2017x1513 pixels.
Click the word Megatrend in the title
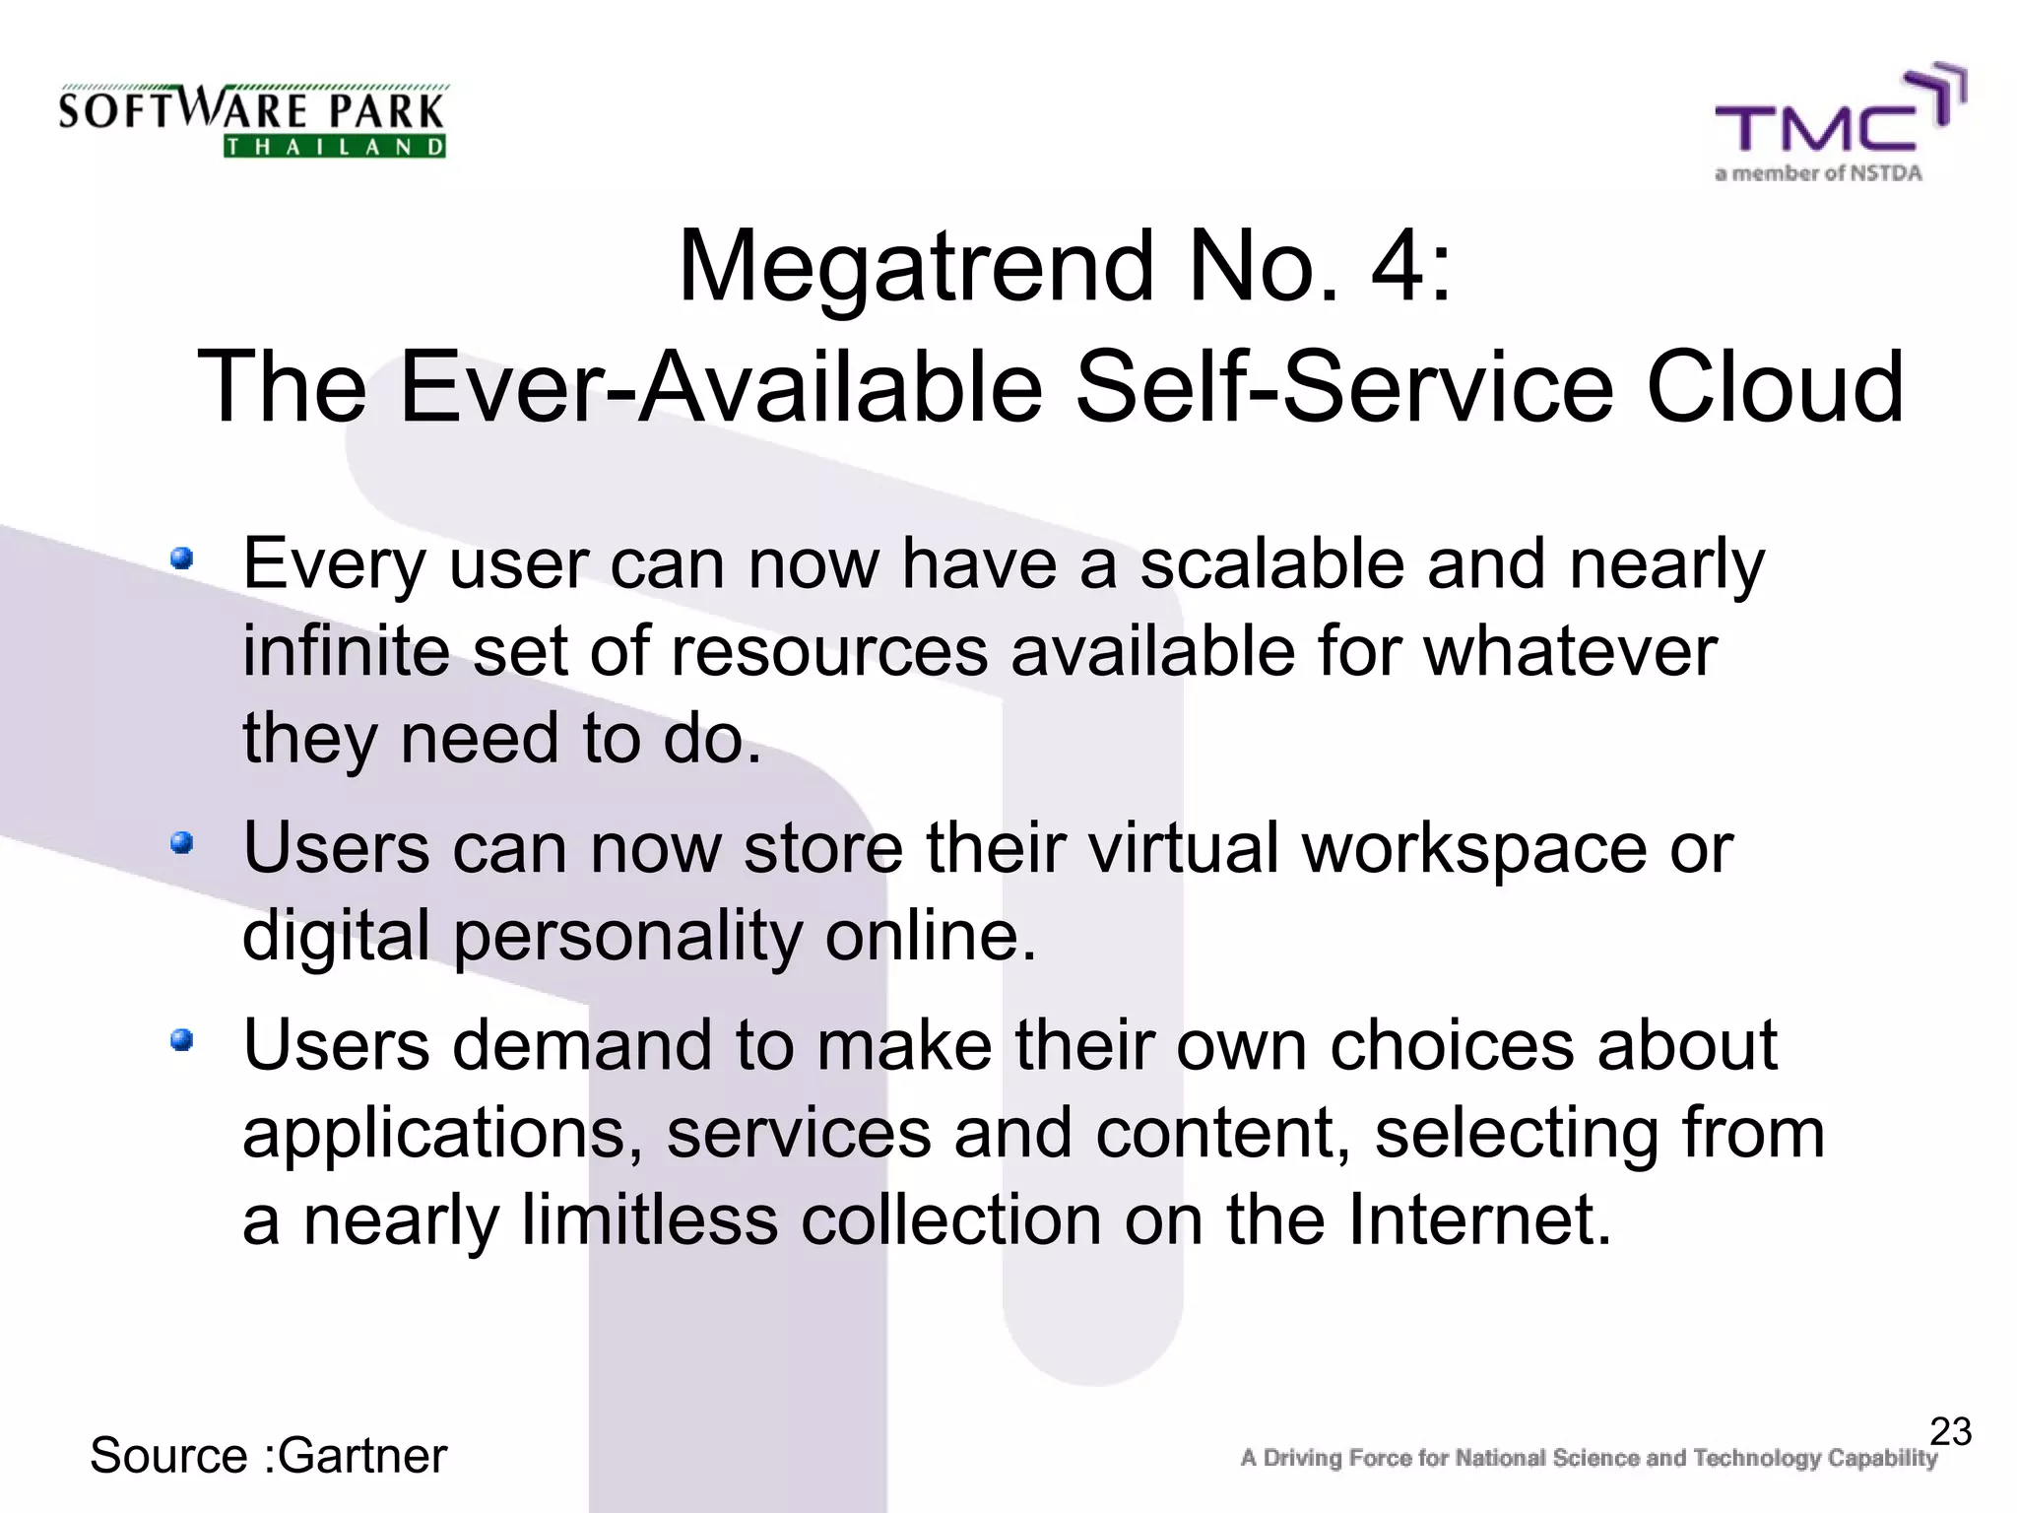click(x=916, y=266)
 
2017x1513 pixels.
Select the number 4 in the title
click(x=1397, y=266)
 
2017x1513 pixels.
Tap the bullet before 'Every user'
click(x=181, y=559)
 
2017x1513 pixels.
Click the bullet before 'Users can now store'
click(x=181, y=843)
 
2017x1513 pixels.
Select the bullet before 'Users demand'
click(x=181, y=1040)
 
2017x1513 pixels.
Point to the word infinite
click(x=346, y=651)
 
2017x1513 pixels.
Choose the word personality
click(x=628, y=936)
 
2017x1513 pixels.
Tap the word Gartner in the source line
click(x=362, y=1456)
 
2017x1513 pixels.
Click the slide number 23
click(x=1950, y=1431)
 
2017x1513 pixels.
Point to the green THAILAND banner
click(x=335, y=147)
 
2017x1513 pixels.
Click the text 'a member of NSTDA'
click(x=1818, y=174)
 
